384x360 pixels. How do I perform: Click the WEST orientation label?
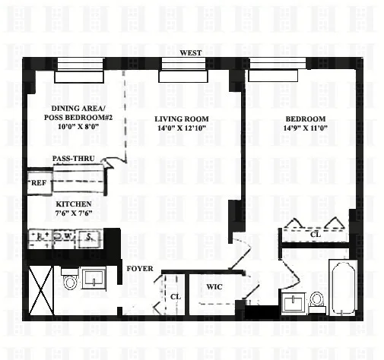(190, 52)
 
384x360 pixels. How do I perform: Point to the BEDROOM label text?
(305, 119)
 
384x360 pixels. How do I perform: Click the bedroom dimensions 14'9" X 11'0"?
(305, 129)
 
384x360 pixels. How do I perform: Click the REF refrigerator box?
(37, 183)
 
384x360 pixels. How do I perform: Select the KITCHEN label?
(73, 205)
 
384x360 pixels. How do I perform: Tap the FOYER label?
(140, 269)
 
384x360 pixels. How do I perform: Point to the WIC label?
(214, 288)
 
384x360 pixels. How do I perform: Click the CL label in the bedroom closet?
(315, 235)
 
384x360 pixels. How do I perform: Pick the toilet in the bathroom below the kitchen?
(70, 283)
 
